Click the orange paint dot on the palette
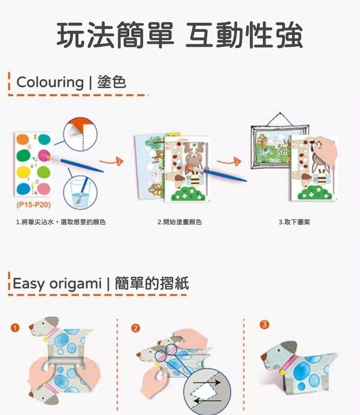[22, 139]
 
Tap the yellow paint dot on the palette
[23, 173]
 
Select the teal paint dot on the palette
[44, 139]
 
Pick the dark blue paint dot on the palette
[23, 188]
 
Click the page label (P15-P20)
[33, 205]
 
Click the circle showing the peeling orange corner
[80, 134]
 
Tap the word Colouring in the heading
[50, 83]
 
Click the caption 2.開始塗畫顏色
[179, 222]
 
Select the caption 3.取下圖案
[294, 222]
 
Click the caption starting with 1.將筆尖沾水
[61, 222]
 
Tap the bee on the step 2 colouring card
[194, 178]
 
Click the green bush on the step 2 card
[188, 194]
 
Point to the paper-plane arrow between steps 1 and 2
[111, 161]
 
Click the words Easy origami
[57, 284]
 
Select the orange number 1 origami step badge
[15, 328]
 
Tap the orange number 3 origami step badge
[265, 324]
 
